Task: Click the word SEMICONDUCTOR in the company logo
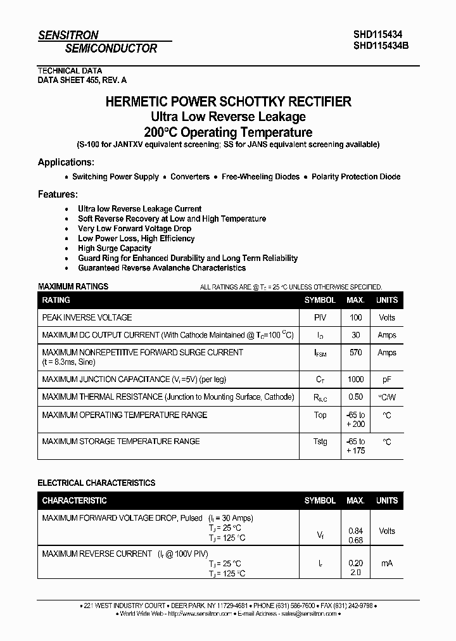click(x=111, y=48)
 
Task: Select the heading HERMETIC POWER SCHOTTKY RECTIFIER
click(x=228, y=101)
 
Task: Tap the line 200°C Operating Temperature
click(x=228, y=132)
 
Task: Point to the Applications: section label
click(x=66, y=162)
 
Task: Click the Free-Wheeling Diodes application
click(x=260, y=177)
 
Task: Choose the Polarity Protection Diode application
click(x=356, y=177)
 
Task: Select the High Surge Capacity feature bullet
click(x=115, y=248)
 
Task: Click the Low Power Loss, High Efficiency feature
click(x=136, y=238)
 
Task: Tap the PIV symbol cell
click(x=320, y=317)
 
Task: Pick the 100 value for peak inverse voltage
click(x=355, y=317)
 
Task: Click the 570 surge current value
click(x=355, y=352)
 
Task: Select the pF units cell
click(x=386, y=379)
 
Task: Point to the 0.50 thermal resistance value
click(x=355, y=397)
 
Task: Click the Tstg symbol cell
click(x=320, y=441)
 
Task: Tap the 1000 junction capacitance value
click(x=355, y=379)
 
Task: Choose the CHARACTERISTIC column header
click(x=74, y=500)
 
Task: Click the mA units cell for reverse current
click(x=386, y=563)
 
